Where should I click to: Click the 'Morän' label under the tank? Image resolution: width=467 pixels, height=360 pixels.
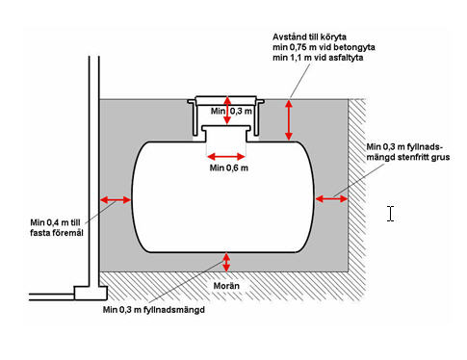226,286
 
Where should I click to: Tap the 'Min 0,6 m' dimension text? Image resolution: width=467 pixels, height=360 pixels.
229,167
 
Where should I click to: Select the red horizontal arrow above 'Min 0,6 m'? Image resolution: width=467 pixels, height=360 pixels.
226,157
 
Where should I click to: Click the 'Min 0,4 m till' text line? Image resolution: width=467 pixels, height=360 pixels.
55,222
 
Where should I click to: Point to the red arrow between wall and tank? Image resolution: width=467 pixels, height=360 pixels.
116,200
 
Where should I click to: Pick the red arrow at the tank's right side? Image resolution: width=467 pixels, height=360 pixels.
331,199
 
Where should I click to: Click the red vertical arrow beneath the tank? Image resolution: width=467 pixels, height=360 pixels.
226,262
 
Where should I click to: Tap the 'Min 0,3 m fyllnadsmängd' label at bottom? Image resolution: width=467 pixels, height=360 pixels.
154,310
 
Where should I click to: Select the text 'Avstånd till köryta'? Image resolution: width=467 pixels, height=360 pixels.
310,37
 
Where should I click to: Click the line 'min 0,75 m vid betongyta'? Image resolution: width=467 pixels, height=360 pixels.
324,47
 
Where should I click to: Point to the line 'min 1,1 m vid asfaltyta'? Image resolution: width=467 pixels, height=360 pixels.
318,58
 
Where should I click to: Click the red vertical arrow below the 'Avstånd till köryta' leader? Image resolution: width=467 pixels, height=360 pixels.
289,120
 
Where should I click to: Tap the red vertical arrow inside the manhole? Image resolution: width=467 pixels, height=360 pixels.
227,111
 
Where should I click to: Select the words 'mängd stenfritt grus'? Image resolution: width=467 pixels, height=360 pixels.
408,157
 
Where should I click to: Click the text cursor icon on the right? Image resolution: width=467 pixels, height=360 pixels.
390,214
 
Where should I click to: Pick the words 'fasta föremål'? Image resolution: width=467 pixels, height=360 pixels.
57,233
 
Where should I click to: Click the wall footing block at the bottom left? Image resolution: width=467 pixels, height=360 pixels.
91,293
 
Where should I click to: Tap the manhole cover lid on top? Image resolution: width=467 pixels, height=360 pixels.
226,99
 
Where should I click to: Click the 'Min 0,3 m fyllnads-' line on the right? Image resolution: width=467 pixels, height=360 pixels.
404,147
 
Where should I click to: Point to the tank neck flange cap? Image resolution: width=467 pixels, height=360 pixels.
226,128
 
